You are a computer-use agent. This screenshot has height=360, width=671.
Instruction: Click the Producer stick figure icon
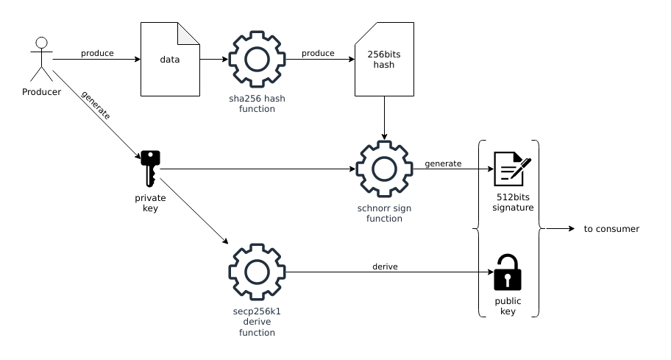(42, 59)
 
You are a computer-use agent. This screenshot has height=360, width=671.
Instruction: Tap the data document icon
(170, 59)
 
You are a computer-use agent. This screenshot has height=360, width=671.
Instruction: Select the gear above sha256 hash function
(257, 60)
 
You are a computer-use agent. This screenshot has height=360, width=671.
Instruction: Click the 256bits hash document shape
(384, 59)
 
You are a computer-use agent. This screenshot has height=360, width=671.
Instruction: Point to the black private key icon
(150, 169)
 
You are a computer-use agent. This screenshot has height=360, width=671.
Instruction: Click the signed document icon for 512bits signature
(511, 169)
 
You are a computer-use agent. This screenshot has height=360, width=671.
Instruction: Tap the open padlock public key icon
(507, 272)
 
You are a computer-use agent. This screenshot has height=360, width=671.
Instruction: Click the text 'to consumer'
(611, 229)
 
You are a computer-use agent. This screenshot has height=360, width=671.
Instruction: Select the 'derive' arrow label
(385, 267)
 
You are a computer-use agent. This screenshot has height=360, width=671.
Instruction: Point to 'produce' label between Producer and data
(97, 53)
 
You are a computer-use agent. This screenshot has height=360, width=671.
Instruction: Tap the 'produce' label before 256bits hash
(318, 53)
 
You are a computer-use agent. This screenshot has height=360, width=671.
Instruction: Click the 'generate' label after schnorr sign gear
(443, 163)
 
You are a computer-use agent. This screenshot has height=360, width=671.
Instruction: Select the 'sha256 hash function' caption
(257, 104)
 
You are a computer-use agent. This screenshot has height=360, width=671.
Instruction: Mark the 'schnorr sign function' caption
(384, 213)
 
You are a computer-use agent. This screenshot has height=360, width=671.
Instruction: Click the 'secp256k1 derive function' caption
(257, 322)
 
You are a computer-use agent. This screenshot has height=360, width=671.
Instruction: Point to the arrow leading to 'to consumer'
(560, 229)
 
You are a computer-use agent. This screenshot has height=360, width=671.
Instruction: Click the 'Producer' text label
(42, 92)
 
